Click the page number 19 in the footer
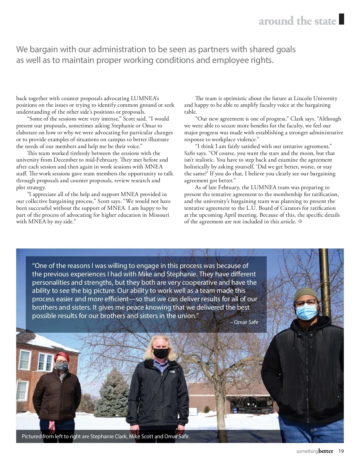point(341,451)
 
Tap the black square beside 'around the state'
point(341,19)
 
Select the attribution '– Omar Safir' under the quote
point(244,322)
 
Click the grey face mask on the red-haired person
point(62,366)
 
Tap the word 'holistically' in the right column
point(197,167)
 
